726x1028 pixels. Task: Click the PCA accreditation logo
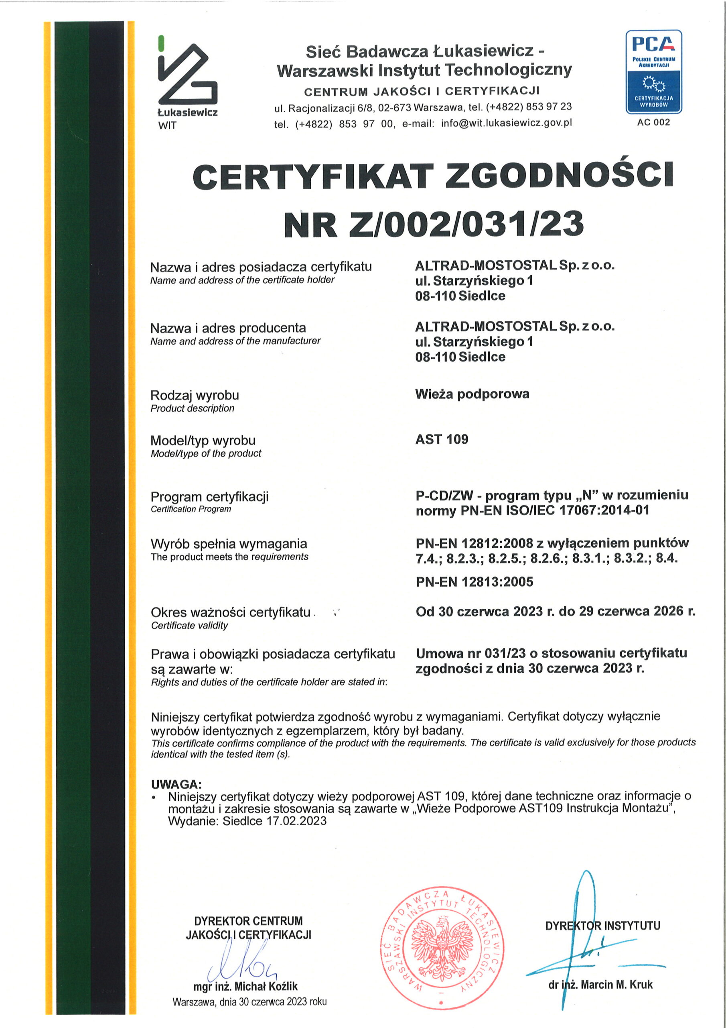click(653, 71)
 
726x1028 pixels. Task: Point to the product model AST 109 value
click(442, 439)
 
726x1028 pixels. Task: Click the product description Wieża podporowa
click(472, 394)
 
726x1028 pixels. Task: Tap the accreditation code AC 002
click(653, 122)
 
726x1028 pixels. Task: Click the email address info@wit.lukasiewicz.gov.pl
click(506, 123)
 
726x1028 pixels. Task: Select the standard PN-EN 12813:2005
click(474, 581)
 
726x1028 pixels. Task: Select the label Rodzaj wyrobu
click(195, 396)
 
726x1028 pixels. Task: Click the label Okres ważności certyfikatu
click(230, 612)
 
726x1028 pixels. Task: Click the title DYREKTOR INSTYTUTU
click(602, 926)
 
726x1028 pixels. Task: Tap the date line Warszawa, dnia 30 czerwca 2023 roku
click(249, 1001)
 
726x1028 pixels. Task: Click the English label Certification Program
click(191, 509)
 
